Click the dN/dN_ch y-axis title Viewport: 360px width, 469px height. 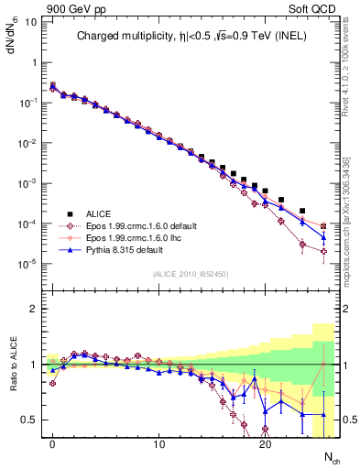(x=11, y=37)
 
